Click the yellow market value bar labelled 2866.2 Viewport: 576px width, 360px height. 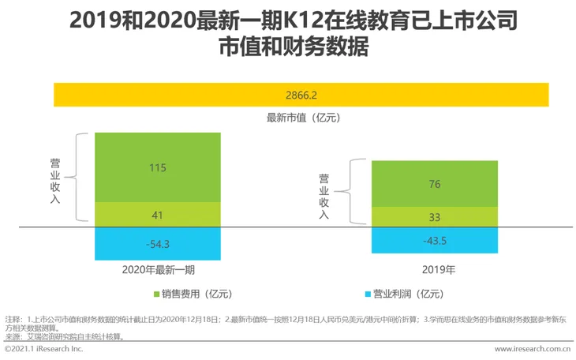pos(301,95)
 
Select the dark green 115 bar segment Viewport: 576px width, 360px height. pos(157,167)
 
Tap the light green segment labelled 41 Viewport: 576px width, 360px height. pos(157,214)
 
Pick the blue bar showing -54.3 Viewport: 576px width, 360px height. pos(157,244)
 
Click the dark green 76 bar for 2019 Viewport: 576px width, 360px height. pos(435,184)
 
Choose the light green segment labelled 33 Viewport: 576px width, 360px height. pos(435,217)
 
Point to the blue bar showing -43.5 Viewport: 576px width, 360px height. pos(435,240)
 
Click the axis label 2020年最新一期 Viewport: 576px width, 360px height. pos(158,270)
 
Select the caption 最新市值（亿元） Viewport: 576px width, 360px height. pos(302,118)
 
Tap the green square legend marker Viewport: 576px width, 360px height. pos(156,294)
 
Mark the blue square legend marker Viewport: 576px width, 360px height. pos(368,294)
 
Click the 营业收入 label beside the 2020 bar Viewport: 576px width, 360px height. pos(54,178)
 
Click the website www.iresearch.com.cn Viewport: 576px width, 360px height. pos(532,348)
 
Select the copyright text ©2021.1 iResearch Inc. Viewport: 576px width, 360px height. pos(43,348)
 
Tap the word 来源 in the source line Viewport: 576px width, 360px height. pos(13,336)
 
